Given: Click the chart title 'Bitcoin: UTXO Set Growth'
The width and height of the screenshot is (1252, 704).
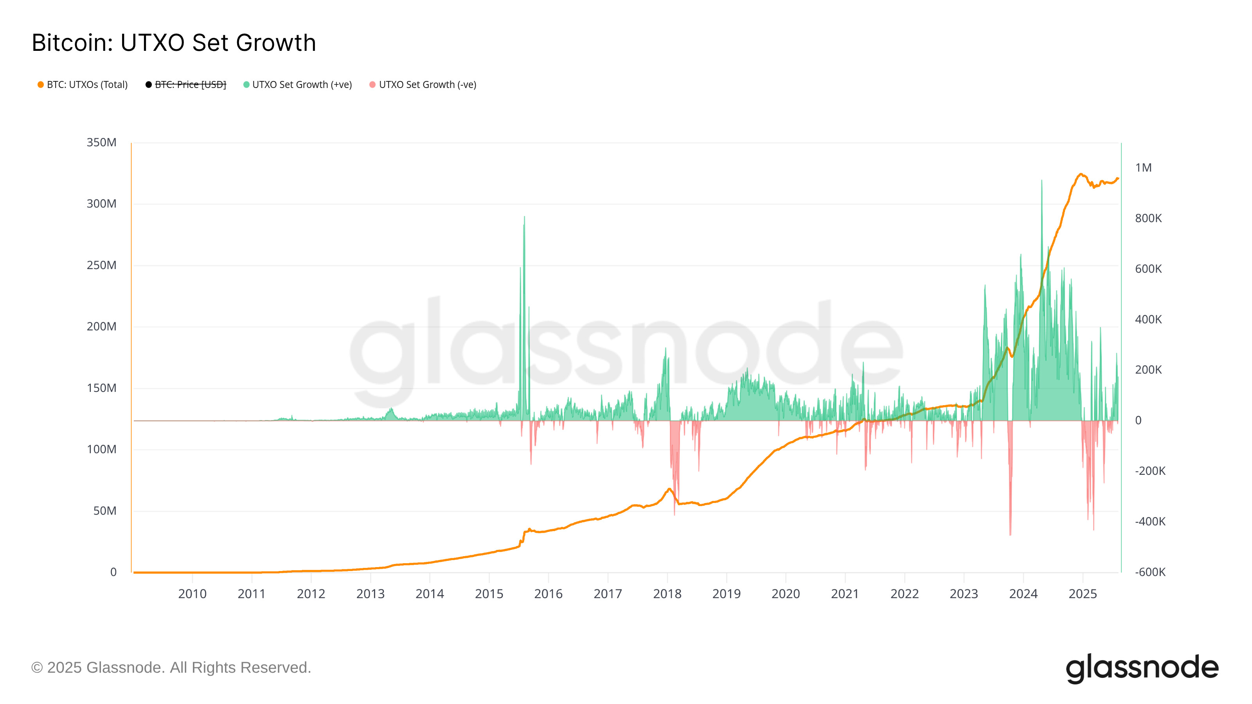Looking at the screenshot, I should click(x=173, y=43).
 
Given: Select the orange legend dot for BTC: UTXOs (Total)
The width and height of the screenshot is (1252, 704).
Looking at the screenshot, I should click(x=41, y=84).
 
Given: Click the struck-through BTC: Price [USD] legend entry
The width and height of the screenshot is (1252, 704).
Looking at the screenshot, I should click(x=190, y=84).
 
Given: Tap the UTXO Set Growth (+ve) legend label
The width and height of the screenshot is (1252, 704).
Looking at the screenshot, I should click(x=302, y=84).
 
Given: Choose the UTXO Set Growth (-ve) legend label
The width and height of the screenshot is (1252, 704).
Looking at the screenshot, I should click(x=427, y=84).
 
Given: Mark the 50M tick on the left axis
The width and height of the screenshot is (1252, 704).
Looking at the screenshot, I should click(x=104, y=511).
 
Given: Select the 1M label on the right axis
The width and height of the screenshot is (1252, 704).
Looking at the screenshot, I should click(x=1143, y=168).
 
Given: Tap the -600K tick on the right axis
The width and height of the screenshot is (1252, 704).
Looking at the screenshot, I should click(x=1150, y=572).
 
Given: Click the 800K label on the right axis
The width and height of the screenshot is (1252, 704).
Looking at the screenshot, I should click(x=1148, y=218).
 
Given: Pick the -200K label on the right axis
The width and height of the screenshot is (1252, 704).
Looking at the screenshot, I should click(x=1150, y=471).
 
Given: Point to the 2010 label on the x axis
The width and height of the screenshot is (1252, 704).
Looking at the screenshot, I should click(x=192, y=594).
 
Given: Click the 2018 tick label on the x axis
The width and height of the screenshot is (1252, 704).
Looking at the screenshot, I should click(x=667, y=594).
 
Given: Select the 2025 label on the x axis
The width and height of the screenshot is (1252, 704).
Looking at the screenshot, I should click(x=1082, y=594).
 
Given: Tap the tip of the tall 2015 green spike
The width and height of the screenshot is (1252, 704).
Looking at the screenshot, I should click(x=524, y=217).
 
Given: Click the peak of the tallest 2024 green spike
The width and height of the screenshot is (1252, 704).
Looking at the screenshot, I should click(x=1042, y=180).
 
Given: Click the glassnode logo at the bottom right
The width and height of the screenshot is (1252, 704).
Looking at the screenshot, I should click(x=1142, y=668).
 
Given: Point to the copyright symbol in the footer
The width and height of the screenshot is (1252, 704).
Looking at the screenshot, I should click(x=36, y=668).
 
